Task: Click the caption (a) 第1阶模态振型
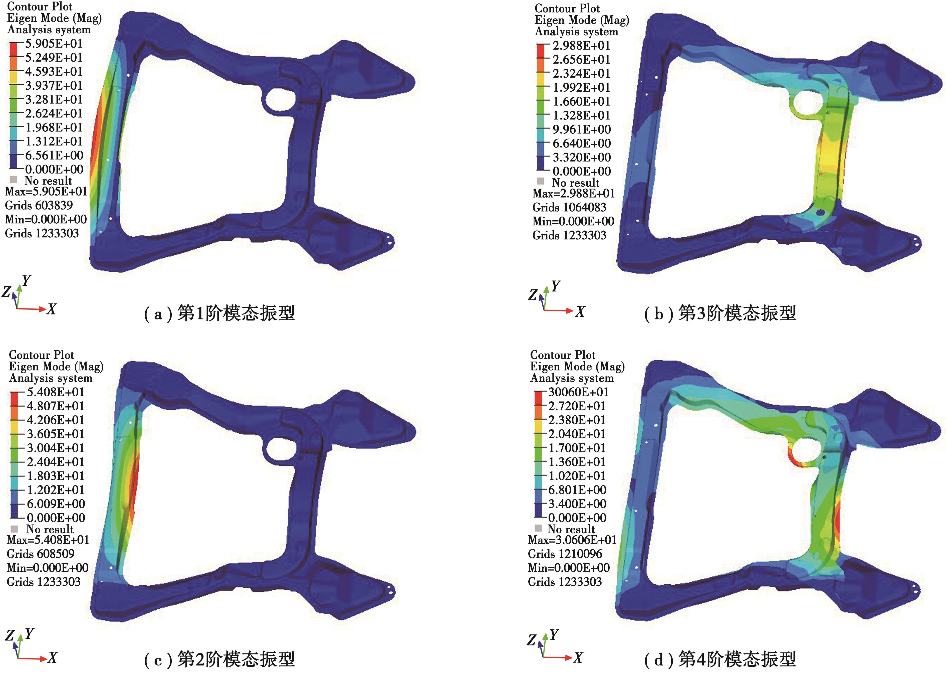(219, 313)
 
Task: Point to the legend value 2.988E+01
(581, 46)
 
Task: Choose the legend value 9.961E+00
(581, 129)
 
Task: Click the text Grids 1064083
(569, 207)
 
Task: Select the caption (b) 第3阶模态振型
(720, 313)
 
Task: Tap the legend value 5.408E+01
(56, 392)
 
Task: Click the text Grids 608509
(41, 554)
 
